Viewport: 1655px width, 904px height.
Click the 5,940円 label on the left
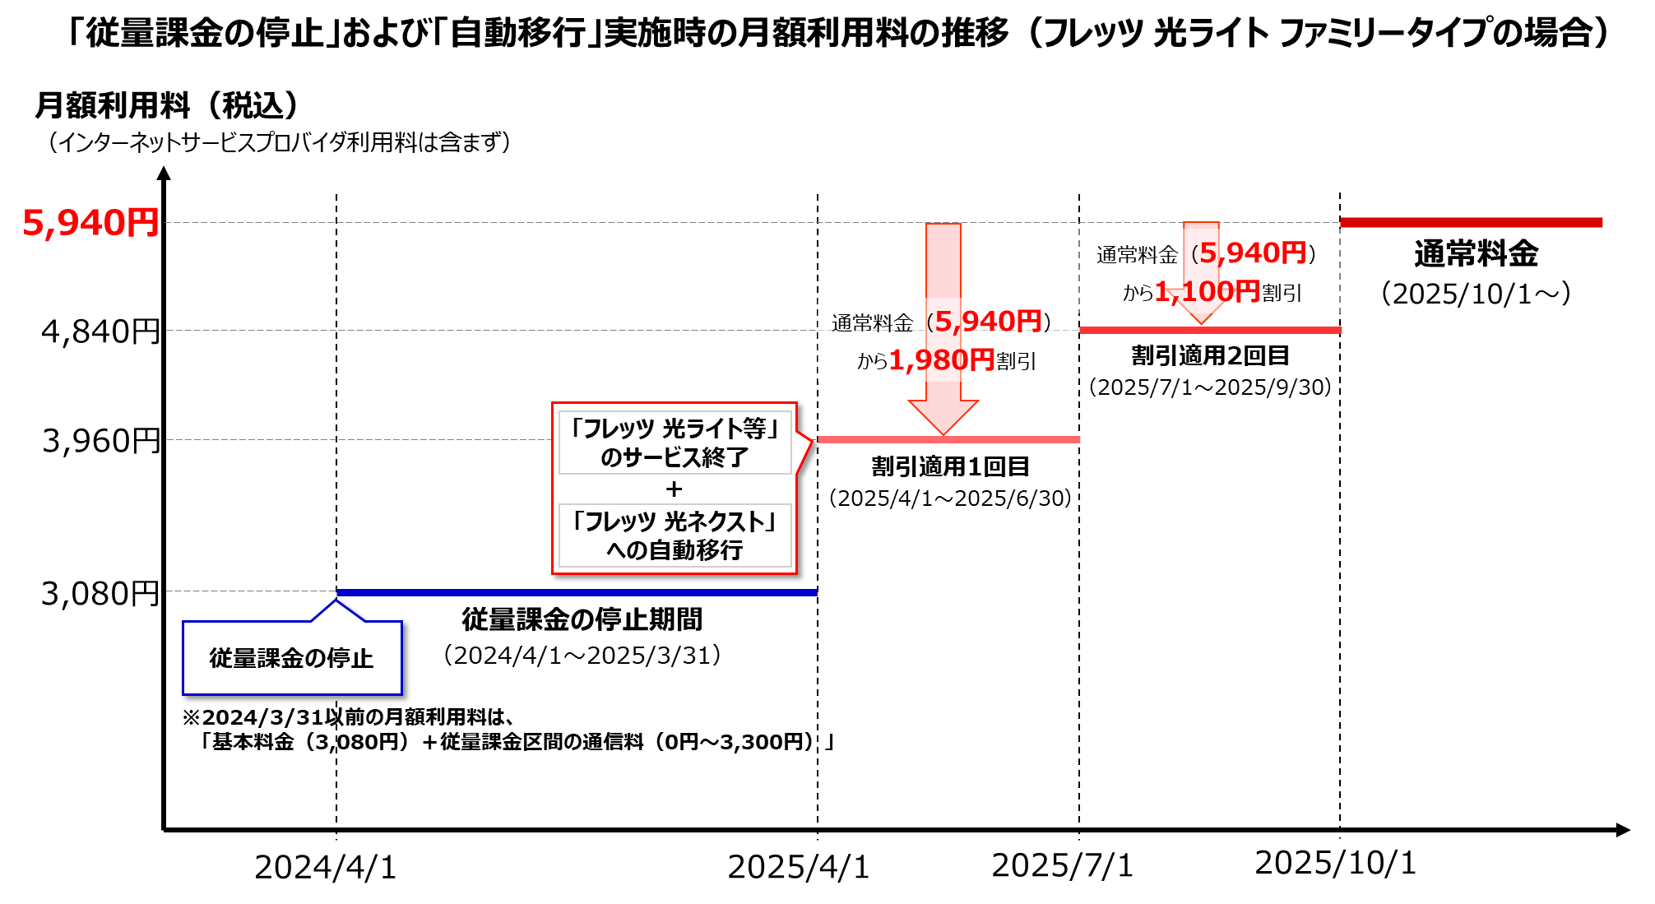[x=90, y=223]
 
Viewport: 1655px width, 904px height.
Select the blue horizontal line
[x=576, y=592]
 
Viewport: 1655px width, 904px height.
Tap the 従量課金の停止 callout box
[x=292, y=658]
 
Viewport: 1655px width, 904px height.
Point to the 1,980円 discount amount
[x=942, y=360]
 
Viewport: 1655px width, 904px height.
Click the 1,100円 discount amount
[x=1207, y=291]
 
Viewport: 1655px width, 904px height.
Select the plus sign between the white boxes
[x=675, y=489]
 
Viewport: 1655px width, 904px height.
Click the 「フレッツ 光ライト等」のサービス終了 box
[x=675, y=443]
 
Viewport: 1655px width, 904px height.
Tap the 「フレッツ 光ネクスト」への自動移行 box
[x=675, y=535]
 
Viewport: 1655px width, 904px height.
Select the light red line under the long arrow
[x=948, y=440]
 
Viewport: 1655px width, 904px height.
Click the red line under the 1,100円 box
[x=1210, y=330]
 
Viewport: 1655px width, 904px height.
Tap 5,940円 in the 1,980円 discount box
[x=988, y=322]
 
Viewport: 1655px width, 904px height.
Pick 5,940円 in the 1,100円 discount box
[x=1253, y=253]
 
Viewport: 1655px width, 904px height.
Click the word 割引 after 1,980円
[x=1017, y=361]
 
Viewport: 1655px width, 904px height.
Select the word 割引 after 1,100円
[x=1282, y=293]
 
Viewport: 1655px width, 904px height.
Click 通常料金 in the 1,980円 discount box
[x=872, y=323]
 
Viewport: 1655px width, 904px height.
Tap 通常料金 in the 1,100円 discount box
[x=1137, y=255]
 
